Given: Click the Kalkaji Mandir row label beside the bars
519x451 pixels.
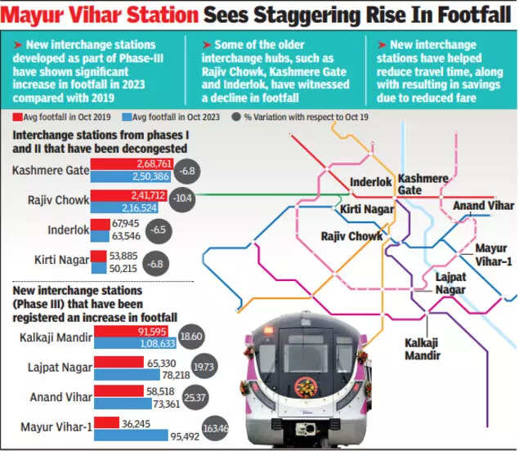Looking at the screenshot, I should [56, 337].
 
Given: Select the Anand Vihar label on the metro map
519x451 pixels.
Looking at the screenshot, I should [483, 205].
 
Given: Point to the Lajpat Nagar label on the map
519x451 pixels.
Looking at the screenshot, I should [450, 284].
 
